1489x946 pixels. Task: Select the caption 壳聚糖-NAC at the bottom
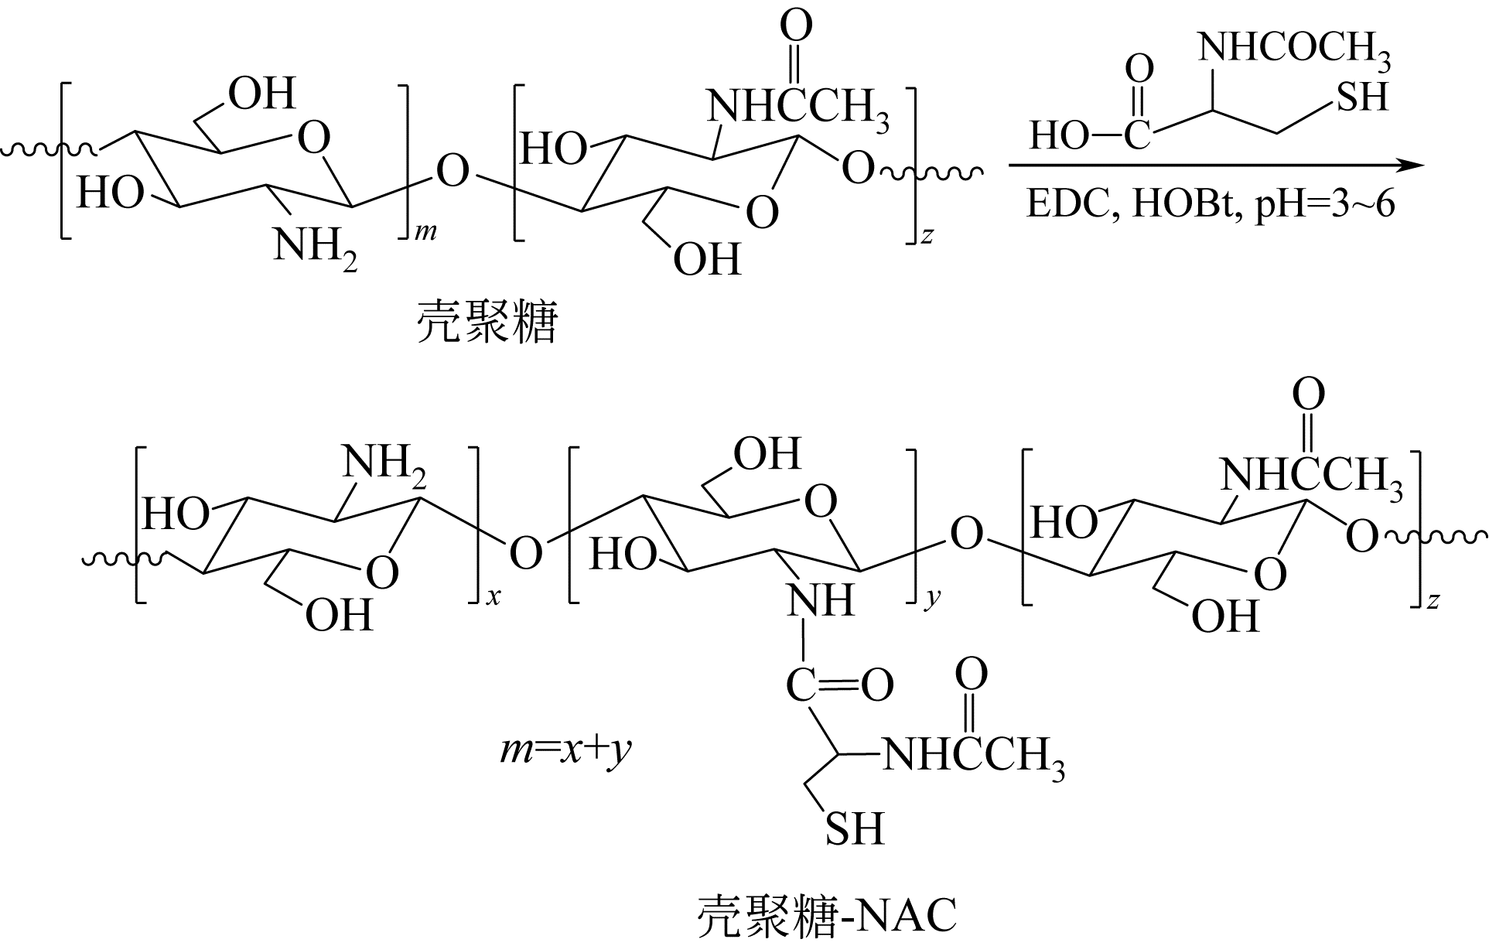point(827,916)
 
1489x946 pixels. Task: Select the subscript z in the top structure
point(927,236)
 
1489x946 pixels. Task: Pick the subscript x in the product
point(493,597)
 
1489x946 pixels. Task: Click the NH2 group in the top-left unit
point(315,246)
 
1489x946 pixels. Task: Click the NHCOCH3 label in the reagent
point(1294,48)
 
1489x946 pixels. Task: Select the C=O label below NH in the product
point(840,685)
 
